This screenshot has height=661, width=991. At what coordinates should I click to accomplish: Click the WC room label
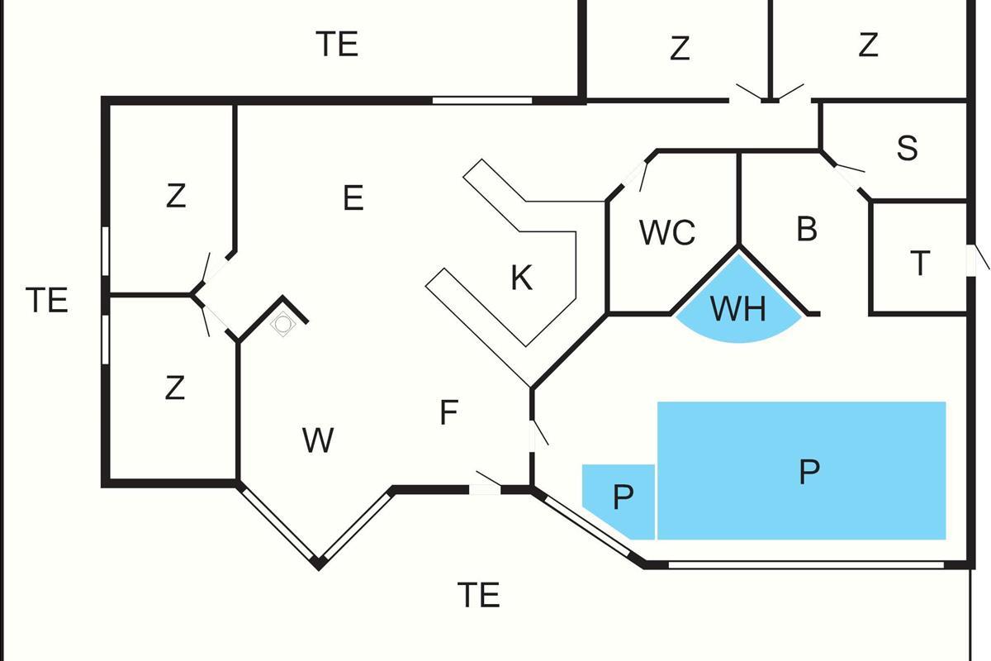[667, 233]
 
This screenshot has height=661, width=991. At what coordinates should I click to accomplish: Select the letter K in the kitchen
[521, 278]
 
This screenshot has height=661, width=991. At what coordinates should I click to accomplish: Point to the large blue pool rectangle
[801, 470]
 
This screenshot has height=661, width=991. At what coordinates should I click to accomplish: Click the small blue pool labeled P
[621, 498]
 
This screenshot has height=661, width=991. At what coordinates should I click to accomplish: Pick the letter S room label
[907, 148]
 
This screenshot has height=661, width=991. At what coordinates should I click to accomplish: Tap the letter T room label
[920, 264]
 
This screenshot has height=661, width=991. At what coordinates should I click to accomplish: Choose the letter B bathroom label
[807, 229]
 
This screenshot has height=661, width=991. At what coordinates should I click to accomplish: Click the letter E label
[353, 198]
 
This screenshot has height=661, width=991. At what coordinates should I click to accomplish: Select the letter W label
[318, 440]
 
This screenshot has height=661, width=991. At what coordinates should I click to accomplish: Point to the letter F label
[448, 412]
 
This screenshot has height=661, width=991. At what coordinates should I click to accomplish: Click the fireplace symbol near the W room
[282, 325]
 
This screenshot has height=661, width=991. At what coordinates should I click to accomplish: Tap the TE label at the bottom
[479, 595]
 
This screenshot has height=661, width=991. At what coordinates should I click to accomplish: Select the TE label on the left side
[47, 300]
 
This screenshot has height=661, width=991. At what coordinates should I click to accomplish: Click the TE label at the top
[338, 44]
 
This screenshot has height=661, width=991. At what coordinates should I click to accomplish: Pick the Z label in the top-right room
[867, 45]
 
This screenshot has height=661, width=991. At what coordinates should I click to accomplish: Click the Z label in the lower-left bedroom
[174, 388]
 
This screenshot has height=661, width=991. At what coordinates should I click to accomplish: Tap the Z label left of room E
[175, 197]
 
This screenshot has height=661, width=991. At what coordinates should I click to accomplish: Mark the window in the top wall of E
[482, 101]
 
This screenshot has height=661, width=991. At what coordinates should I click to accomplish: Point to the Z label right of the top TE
[679, 49]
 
